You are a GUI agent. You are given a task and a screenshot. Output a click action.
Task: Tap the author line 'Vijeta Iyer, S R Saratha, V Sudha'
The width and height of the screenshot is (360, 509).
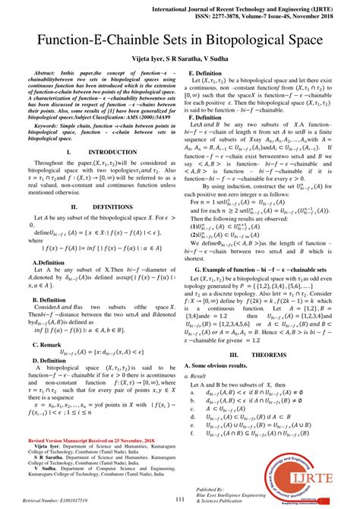tap(180, 56)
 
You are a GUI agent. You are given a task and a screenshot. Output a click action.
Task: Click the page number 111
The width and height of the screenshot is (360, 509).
tap(180, 499)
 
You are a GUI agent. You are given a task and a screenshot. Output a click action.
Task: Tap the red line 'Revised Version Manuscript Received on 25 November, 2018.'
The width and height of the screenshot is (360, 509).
tap(91, 440)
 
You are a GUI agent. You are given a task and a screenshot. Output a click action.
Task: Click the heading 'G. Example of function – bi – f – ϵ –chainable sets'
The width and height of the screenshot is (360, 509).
tap(270, 269)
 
